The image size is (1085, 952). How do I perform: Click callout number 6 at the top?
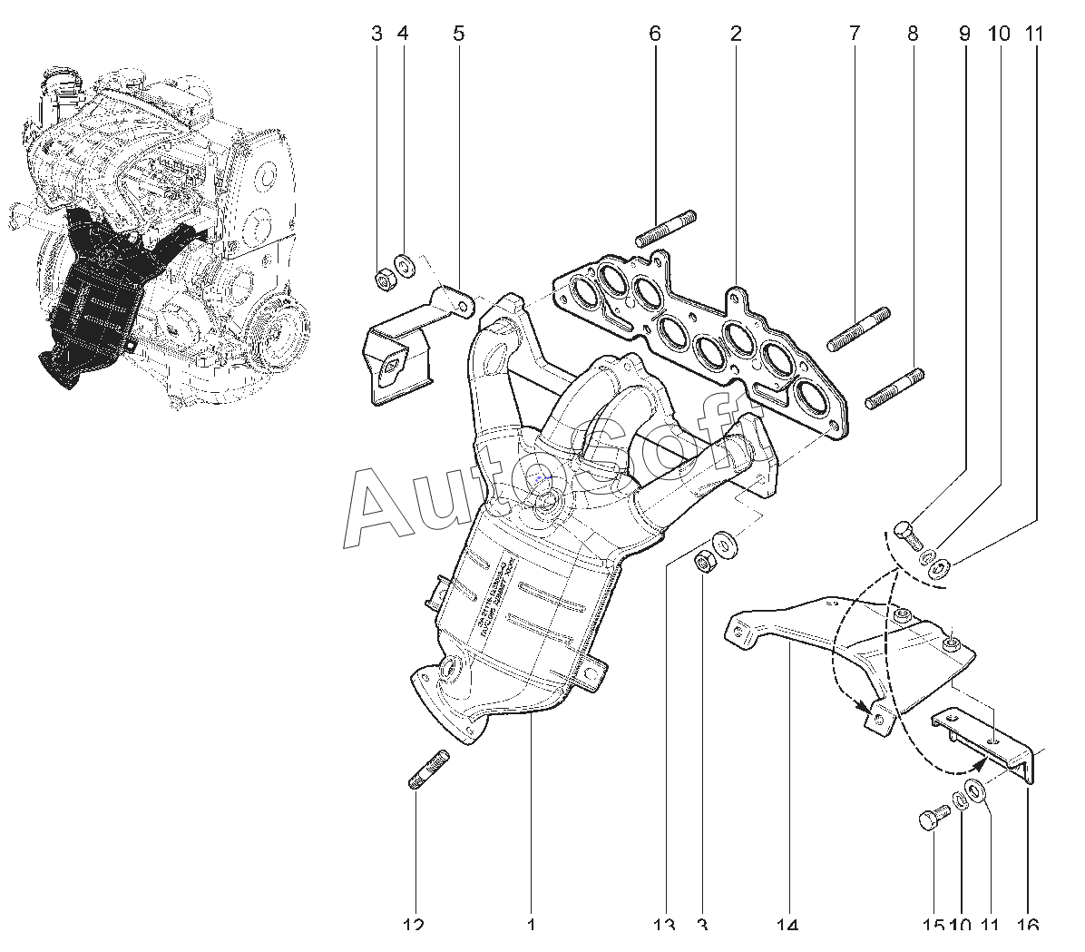[x=654, y=34]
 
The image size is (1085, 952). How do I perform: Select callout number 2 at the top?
[x=735, y=34]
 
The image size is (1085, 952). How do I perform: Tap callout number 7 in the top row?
[x=854, y=34]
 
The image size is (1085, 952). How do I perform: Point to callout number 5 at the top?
[x=458, y=34]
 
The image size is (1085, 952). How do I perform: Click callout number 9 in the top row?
[x=963, y=34]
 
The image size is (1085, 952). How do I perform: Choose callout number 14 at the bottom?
[x=787, y=926]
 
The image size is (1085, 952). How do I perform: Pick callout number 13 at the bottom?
[x=664, y=926]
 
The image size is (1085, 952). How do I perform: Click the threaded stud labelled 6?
[x=666, y=228]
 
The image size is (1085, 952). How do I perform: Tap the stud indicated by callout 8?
[x=894, y=388]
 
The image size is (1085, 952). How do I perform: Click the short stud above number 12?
[x=425, y=769]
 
